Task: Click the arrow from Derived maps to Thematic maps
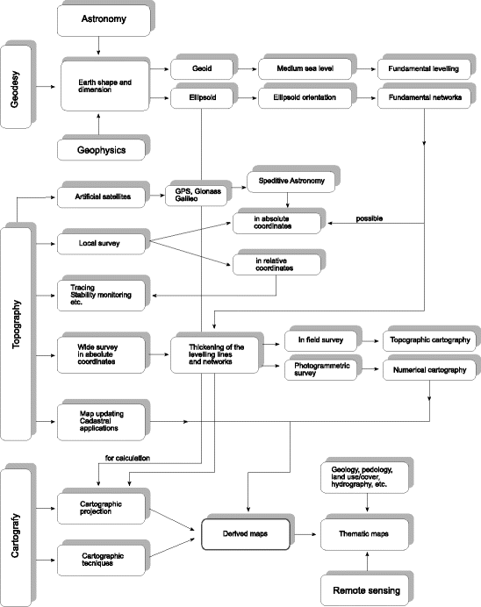pyautogui.click(x=302, y=532)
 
